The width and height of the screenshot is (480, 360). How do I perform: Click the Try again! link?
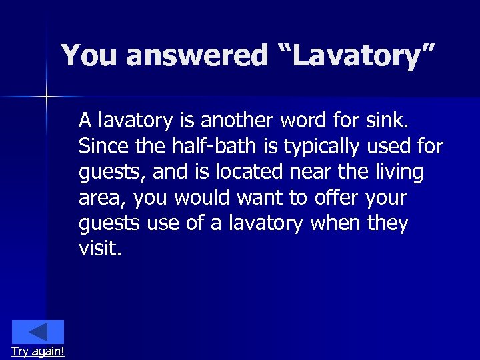pos(38,351)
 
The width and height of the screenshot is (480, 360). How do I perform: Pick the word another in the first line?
pos(237,121)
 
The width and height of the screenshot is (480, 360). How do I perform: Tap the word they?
pos(387,223)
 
